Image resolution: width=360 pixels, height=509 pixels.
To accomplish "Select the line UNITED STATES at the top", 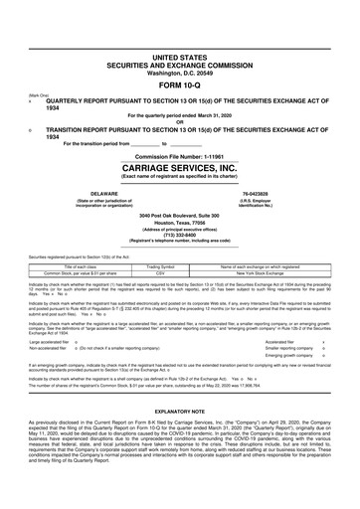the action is click(x=180, y=60).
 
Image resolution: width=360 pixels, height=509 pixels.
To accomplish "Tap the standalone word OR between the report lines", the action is click(x=180, y=121).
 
